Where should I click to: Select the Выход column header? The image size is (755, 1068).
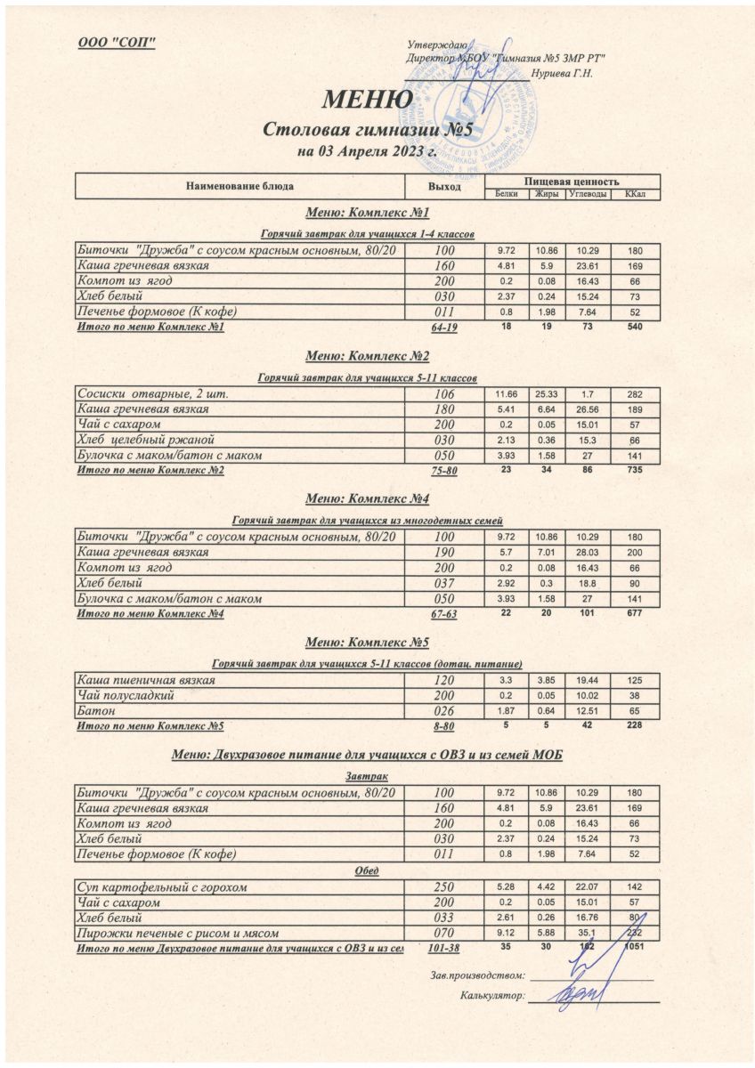444,187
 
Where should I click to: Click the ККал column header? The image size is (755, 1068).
635,194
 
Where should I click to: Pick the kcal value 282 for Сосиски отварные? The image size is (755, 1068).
635,394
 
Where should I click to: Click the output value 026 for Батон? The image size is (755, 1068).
444,711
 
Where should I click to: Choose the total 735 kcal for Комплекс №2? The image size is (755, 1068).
635,470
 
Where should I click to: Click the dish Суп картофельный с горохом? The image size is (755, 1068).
161,887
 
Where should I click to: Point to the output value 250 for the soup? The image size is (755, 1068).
444,887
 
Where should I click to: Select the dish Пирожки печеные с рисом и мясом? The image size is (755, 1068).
178,934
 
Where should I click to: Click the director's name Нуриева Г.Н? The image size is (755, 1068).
561,73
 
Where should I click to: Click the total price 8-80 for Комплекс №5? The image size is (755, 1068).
444,727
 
